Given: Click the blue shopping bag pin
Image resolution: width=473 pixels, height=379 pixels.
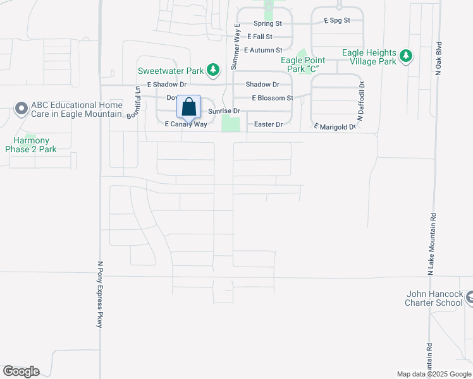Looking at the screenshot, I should tap(188, 107).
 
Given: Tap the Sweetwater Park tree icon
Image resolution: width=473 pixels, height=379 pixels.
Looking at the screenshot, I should tap(214, 69).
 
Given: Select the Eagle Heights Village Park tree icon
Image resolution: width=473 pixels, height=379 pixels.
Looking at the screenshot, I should tap(405, 57).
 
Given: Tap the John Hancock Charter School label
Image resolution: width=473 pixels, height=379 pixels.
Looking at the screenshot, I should tap(434, 298).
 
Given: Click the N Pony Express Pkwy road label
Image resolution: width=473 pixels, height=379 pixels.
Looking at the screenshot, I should tap(100, 294).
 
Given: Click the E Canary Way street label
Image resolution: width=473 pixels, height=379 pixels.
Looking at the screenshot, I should tap(186, 124).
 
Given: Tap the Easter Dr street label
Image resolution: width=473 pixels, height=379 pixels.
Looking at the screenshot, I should tap(267, 124).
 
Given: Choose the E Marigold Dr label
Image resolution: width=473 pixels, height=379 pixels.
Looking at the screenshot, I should tap(335, 127).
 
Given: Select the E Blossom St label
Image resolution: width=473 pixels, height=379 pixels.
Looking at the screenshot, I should tap(273, 98).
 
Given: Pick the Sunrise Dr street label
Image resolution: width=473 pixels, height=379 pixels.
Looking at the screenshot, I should tap(224, 111).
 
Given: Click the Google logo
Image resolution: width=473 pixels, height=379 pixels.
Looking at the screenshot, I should tap(21, 371).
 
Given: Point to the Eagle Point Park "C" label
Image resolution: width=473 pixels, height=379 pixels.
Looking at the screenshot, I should tap(303, 64).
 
